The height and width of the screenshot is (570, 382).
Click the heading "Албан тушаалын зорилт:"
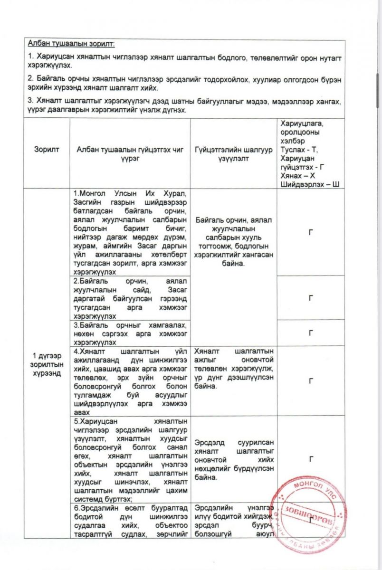71,45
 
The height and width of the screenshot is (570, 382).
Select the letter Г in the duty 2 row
311,298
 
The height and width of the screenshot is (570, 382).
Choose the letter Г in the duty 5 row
311,459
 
